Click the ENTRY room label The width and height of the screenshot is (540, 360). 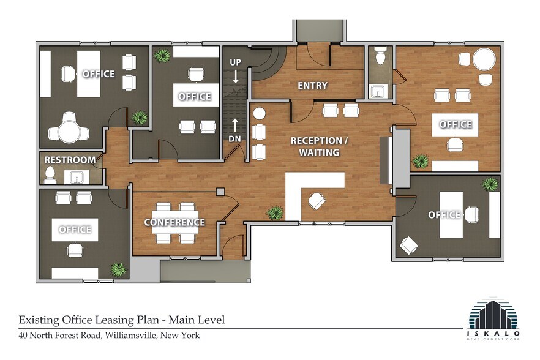[312, 86]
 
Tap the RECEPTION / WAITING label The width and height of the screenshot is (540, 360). [318, 146]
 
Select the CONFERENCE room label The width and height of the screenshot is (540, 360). [174, 222]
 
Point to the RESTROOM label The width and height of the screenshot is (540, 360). [70, 160]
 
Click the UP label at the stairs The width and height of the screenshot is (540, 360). [236, 62]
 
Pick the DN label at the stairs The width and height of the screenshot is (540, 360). [235, 139]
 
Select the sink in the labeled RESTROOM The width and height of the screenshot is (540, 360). [78, 178]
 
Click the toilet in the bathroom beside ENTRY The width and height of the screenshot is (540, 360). [380, 57]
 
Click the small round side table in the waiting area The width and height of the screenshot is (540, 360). [258, 113]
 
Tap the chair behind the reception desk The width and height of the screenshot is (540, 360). [318, 200]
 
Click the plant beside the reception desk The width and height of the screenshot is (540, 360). [276, 212]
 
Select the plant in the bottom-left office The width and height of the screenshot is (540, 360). [118, 269]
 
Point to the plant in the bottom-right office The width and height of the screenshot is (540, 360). [489, 184]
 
